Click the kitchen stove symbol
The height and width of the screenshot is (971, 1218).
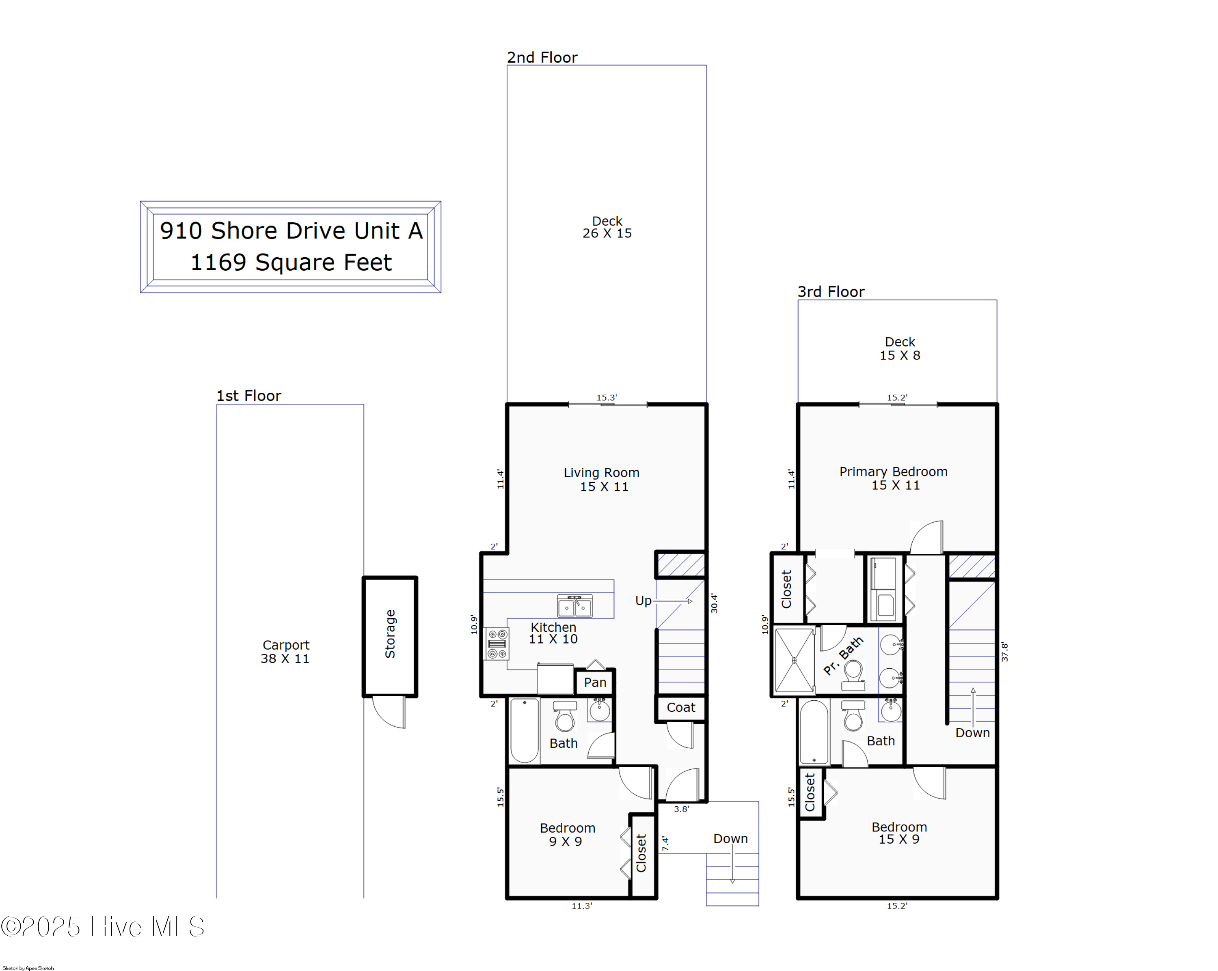[x=497, y=644]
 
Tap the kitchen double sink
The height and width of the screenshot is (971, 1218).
[x=574, y=606]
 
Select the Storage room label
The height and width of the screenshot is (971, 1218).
[x=390, y=633]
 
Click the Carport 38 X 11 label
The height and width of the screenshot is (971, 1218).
[x=285, y=652]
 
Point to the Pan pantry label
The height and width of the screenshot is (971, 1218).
[x=595, y=682]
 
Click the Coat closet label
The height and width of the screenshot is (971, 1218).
[x=681, y=707]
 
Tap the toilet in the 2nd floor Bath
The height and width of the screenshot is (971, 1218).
[x=565, y=717]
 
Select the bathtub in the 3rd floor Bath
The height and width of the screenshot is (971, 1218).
[x=814, y=732]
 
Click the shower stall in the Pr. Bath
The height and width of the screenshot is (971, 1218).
[x=794, y=660]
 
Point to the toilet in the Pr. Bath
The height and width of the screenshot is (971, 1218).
[x=853, y=675]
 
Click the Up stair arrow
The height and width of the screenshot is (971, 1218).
[x=672, y=601]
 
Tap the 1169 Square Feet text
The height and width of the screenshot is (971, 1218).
[x=291, y=263]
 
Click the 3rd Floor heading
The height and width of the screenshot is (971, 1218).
[x=830, y=292]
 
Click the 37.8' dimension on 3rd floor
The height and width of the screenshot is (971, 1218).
[x=1004, y=652]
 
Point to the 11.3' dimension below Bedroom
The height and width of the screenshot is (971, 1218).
[x=581, y=906]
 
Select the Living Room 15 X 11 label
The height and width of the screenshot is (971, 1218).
[x=602, y=479]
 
